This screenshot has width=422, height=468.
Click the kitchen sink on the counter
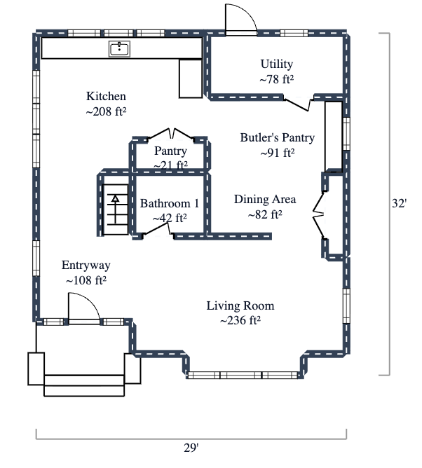[120, 48]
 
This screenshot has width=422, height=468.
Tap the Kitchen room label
[106, 97]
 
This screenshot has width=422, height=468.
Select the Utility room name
[276, 65]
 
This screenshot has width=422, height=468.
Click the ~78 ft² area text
[276, 80]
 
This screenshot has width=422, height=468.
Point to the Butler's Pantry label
[277, 138]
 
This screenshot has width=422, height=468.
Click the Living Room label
[240, 306]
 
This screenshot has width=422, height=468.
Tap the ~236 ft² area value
[240, 321]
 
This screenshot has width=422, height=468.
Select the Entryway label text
[86, 266]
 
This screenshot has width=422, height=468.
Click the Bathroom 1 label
[170, 204]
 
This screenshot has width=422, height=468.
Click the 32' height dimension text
[399, 203]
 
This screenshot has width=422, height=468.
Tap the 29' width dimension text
[191, 446]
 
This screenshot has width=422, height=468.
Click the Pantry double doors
[170, 135]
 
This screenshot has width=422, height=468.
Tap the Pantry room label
[170, 151]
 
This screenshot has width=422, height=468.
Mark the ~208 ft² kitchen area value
[106, 111]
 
